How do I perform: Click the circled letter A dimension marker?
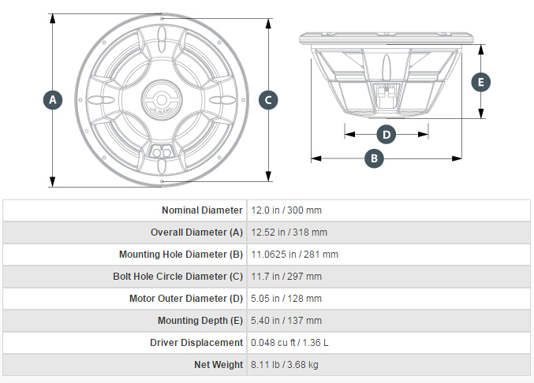click(x=53, y=100)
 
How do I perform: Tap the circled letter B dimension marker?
click(x=374, y=158)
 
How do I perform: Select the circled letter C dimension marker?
click(x=268, y=100)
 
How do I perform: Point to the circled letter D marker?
click(x=386, y=134)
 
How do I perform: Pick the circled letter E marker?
click(x=481, y=82)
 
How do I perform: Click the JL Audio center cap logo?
click(x=162, y=99)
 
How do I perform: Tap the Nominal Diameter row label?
click(x=202, y=210)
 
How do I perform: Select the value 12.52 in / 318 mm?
click(x=289, y=232)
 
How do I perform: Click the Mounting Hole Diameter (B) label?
click(x=181, y=255)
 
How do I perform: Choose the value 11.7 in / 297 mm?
click(x=286, y=277)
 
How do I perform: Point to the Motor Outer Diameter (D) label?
click(x=186, y=299)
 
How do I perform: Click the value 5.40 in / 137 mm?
click(x=286, y=321)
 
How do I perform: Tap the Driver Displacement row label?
click(x=196, y=343)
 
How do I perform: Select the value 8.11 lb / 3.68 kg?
click(x=285, y=365)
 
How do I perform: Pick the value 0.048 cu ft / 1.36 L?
click(x=289, y=343)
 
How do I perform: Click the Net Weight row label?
click(x=218, y=365)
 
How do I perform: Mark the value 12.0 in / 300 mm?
click(x=286, y=210)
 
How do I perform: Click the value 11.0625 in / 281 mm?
click(x=294, y=255)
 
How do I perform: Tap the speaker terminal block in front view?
click(x=162, y=151)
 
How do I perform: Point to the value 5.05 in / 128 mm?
click(x=286, y=299)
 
